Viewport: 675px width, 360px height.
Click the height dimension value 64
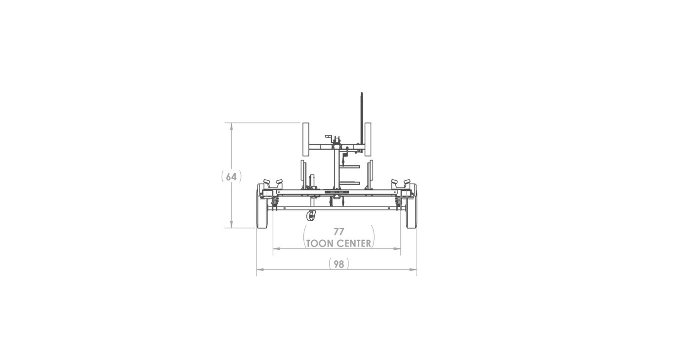[231, 177]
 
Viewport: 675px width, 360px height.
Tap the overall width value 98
[338, 264]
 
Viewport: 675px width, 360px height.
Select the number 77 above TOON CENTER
[338, 232]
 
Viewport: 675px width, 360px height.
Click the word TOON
[319, 243]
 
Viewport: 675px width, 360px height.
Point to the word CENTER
[354, 243]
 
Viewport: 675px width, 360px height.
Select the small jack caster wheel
[311, 216]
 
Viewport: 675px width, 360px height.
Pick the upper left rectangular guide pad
[306, 139]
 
